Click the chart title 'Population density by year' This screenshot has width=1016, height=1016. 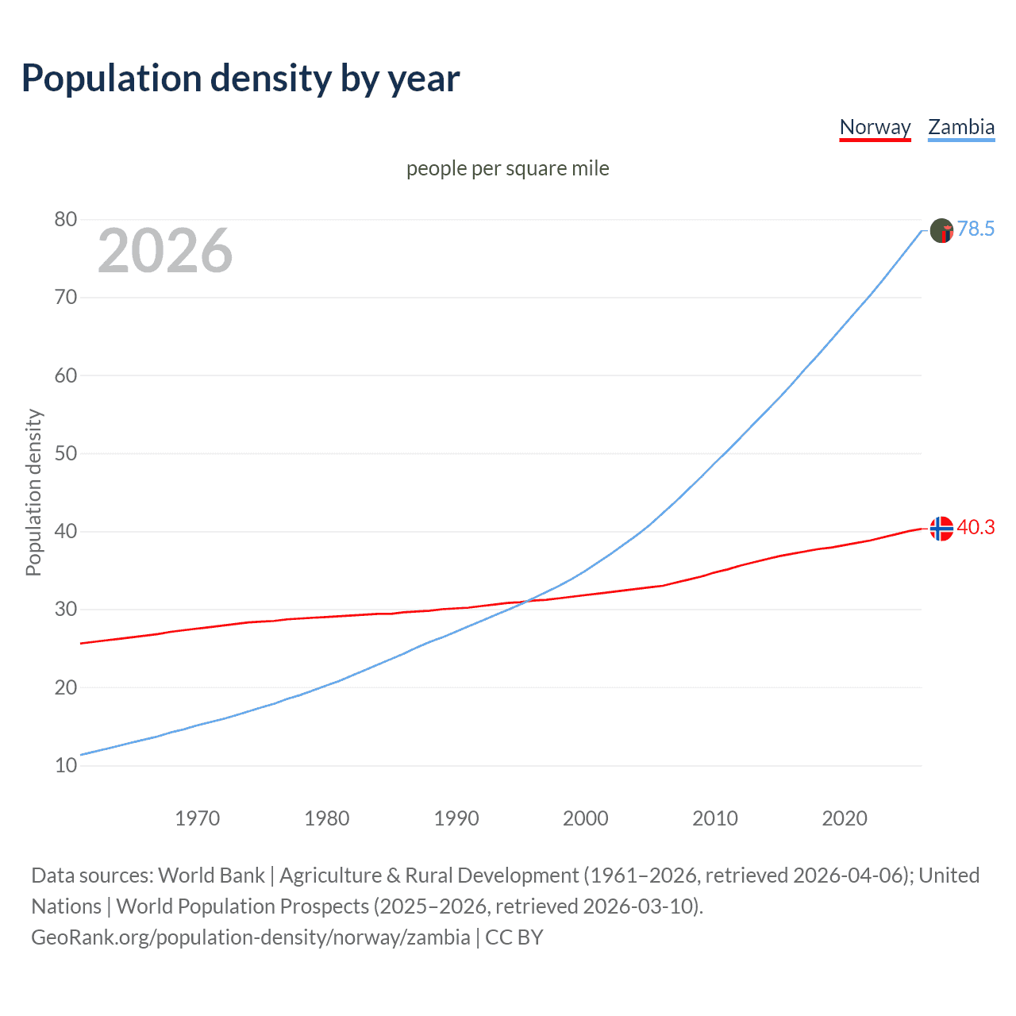(241, 79)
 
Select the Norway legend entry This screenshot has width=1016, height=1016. (875, 127)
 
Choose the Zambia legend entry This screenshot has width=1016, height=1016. (961, 127)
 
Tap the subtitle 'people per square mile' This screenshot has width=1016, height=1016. (507, 168)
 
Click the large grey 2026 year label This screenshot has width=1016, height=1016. (165, 251)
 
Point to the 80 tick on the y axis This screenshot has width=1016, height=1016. (66, 220)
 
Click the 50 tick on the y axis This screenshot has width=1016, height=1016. (66, 454)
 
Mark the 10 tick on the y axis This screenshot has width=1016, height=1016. (66, 766)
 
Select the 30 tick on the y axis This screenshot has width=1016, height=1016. (66, 610)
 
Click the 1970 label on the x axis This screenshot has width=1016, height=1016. (197, 818)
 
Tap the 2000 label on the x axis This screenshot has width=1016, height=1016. (585, 818)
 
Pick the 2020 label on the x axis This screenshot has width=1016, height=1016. (844, 818)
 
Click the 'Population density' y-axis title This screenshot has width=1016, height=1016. (33, 492)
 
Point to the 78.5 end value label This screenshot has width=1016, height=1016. (976, 229)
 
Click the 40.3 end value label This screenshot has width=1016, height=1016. (976, 528)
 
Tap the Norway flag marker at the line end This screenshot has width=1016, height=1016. (941, 529)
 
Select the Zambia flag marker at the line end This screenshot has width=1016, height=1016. (941, 230)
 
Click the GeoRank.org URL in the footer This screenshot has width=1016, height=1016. (251, 937)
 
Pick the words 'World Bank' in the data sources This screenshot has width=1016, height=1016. (211, 876)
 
